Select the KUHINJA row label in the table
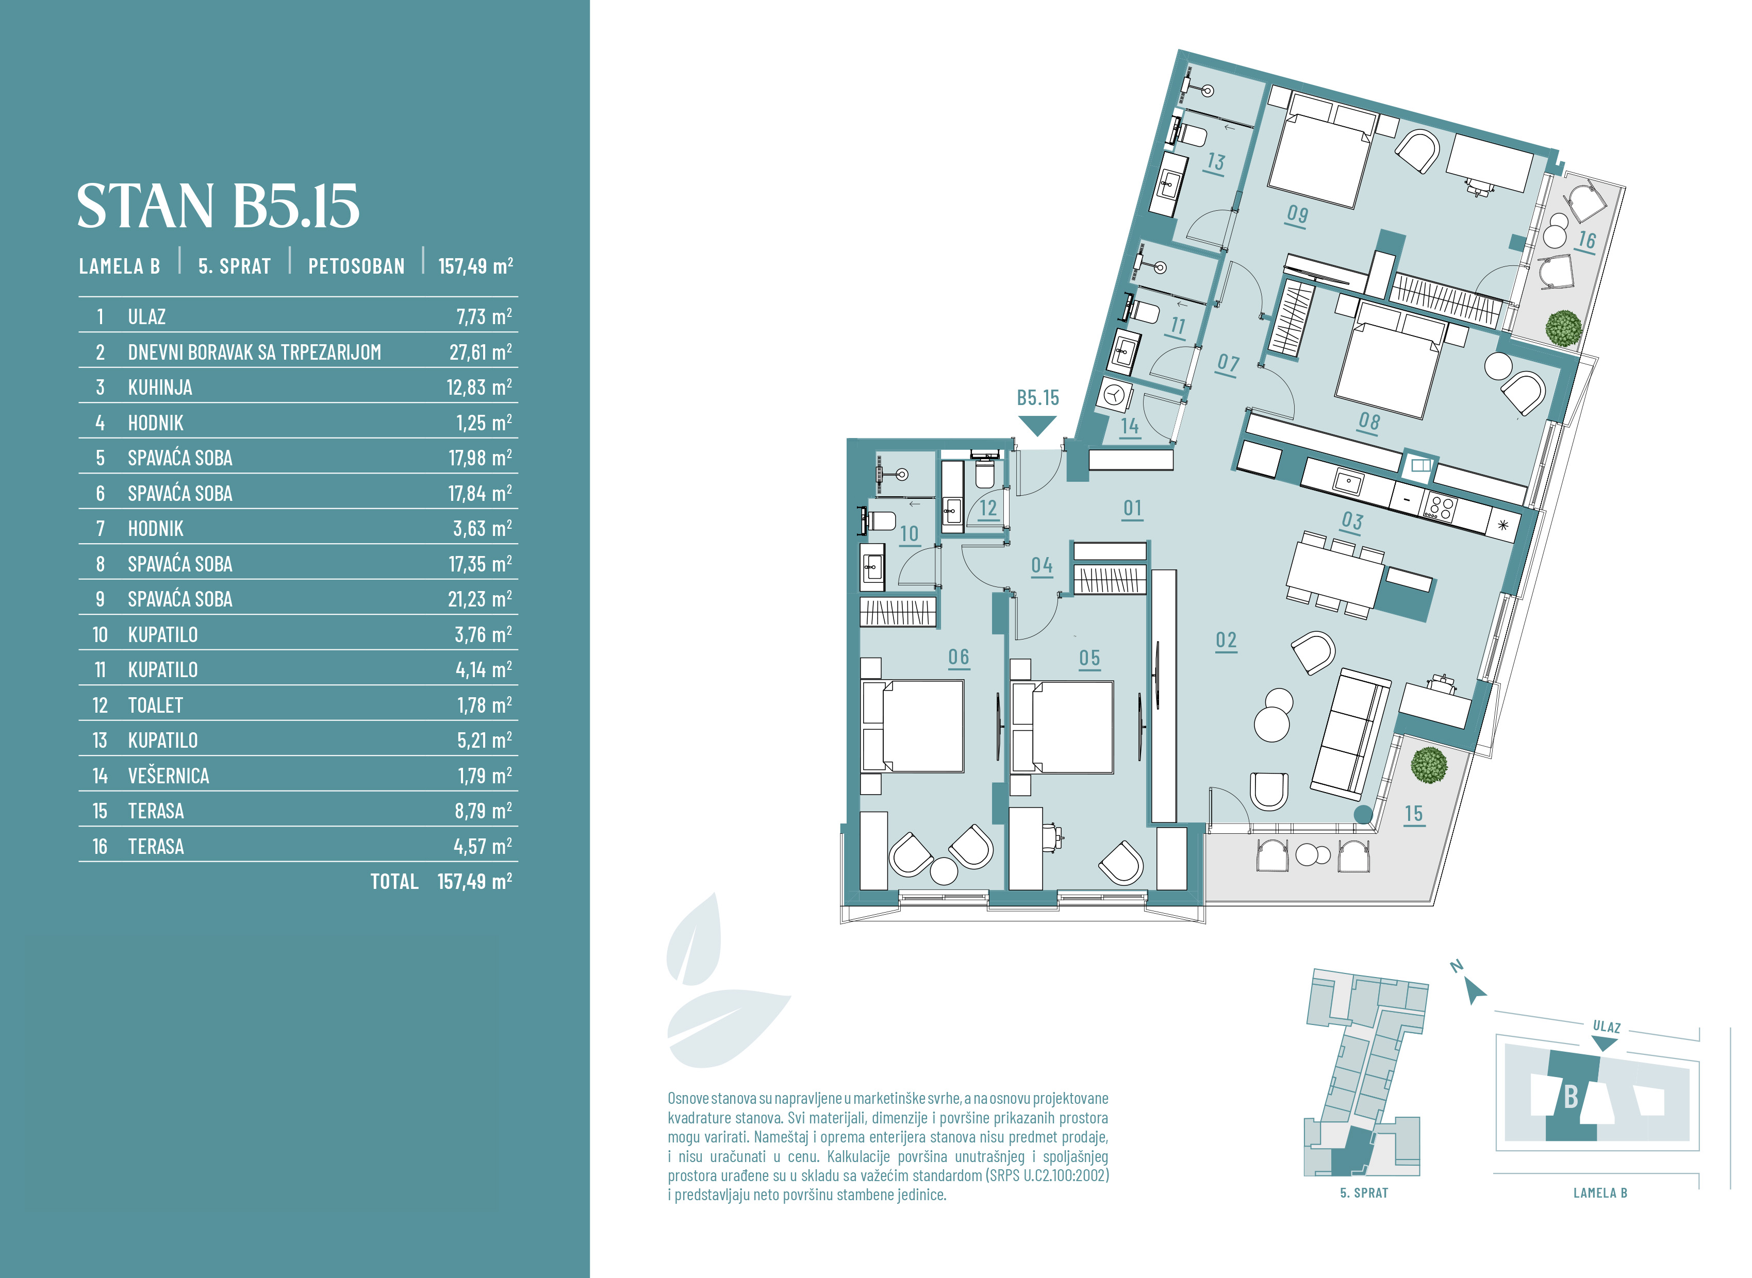[160, 388]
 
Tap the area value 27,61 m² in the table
[481, 352]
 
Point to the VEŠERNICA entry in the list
[169, 776]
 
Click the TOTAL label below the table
[394, 882]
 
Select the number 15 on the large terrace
[1414, 813]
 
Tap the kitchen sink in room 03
[1348, 483]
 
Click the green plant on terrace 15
[1429, 765]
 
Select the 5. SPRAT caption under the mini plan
[1364, 1193]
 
